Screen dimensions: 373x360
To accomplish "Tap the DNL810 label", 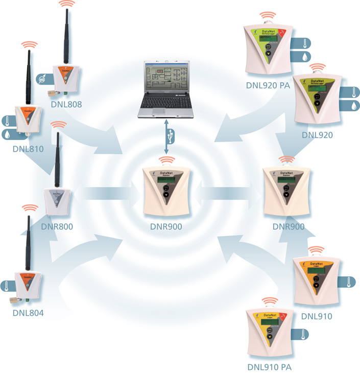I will coord(28,149).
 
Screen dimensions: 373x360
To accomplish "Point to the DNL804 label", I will coord(28,313).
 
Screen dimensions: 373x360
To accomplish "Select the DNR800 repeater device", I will coord(57,197).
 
